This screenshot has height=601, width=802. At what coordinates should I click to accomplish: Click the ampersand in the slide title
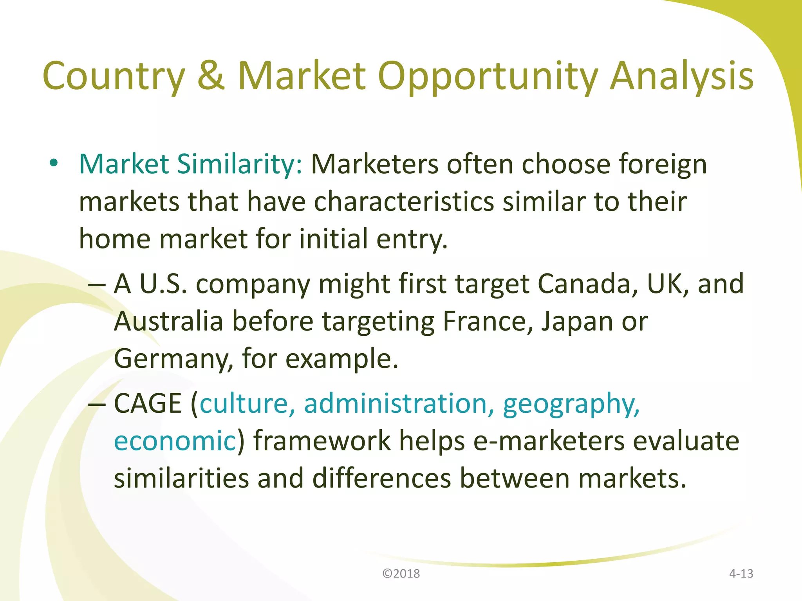point(211,75)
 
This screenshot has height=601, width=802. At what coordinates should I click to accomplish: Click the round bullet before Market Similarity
point(54,163)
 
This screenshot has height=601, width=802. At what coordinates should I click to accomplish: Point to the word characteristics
point(404,202)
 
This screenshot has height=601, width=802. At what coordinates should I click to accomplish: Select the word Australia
point(168,321)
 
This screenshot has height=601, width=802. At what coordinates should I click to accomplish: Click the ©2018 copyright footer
point(401,574)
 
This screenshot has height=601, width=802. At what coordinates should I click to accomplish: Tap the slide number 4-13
point(741,574)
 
